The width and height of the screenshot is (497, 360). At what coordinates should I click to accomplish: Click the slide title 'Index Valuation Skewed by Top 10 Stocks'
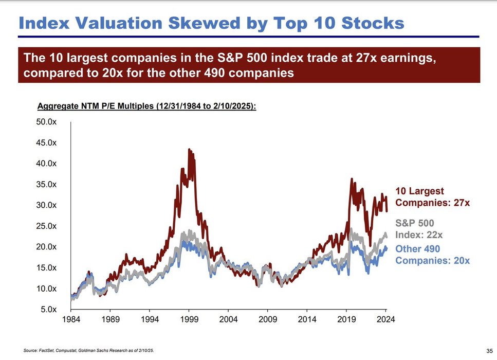[x=211, y=23]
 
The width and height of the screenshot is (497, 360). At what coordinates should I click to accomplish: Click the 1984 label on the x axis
[x=71, y=319]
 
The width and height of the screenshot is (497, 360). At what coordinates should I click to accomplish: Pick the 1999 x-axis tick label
[x=189, y=319]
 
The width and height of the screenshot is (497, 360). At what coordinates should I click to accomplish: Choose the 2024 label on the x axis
[x=385, y=319]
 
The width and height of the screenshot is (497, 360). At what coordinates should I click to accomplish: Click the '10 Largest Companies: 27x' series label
[x=432, y=197]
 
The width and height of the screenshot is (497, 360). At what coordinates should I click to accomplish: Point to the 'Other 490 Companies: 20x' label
[x=432, y=255]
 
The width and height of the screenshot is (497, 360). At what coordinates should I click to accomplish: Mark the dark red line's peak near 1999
[x=189, y=150]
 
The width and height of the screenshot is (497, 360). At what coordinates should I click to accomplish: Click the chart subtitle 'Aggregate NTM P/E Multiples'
[x=147, y=107]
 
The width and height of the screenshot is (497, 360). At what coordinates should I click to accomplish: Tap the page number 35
[x=488, y=351]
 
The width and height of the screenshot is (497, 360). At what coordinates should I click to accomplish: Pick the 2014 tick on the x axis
[x=307, y=319]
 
